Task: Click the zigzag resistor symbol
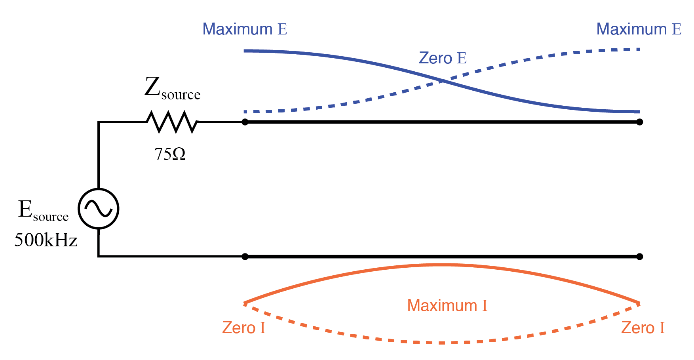pyautogui.click(x=172, y=122)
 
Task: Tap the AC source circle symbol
pyautogui.click(x=99, y=209)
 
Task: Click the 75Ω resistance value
pyautogui.click(x=170, y=154)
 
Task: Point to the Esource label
pyautogui.click(x=43, y=210)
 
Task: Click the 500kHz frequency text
pyautogui.click(x=46, y=240)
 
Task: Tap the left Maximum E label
pyautogui.click(x=245, y=29)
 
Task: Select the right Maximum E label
pyautogui.click(x=639, y=29)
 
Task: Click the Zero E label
pyautogui.click(x=443, y=58)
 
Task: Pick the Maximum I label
pyautogui.click(x=447, y=306)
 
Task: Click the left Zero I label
pyautogui.click(x=243, y=328)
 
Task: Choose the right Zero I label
pyautogui.click(x=643, y=328)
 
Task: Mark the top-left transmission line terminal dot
pyautogui.click(x=245, y=122)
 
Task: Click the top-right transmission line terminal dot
pyautogui.click(x=639, y=122)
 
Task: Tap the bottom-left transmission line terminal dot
pyautogui.click(x=245, y=257)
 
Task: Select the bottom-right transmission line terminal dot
pyautogui.click(x=639, y=257)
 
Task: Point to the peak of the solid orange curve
pyautogui.click(x=442, y=265)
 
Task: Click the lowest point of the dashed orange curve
pyautogui.click(x=442, y=343)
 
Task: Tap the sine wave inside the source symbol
pyautogui.click(x=99, y=209)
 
